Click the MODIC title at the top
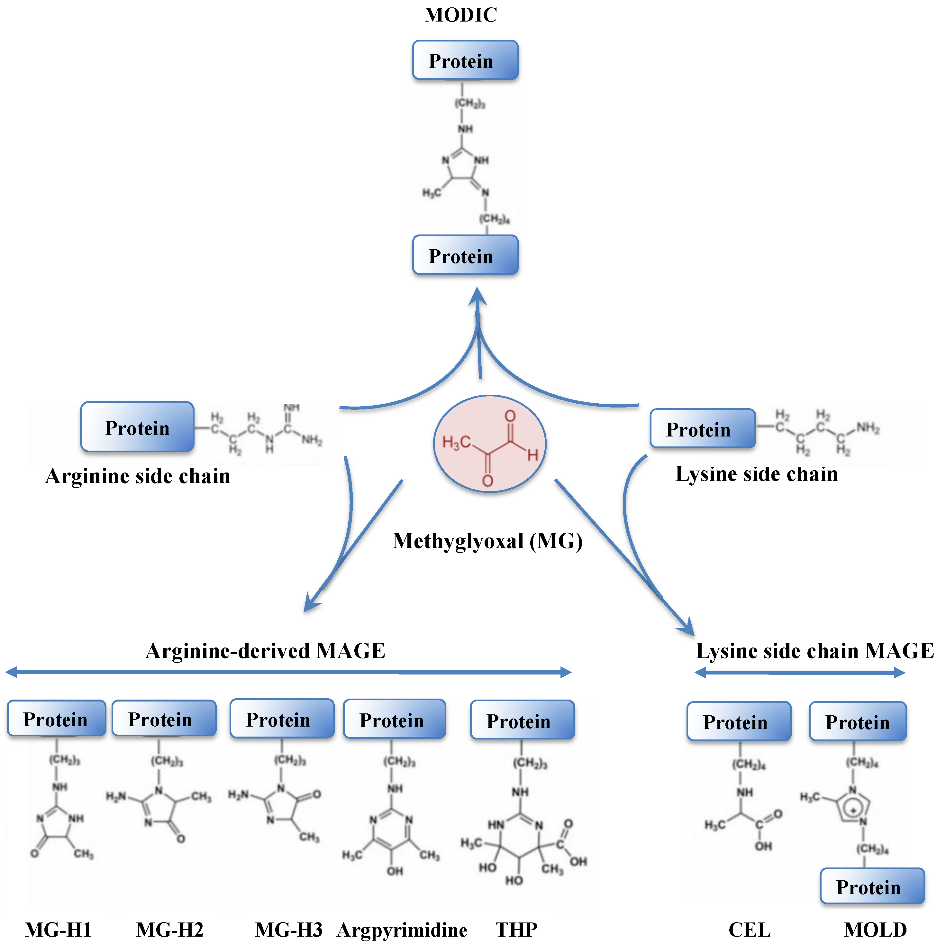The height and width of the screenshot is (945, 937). pos(461,15)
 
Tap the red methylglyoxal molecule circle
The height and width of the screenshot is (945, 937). pos(489,444)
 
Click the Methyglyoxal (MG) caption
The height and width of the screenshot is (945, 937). pos(487,541)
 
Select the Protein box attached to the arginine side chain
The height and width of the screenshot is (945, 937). pos(137,427)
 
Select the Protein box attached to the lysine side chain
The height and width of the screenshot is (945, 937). pos(702,429)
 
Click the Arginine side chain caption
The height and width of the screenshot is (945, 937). pos(138,476)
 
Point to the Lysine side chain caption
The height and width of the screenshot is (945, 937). pos(757,474)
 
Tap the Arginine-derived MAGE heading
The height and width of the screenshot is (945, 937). pos(266,651)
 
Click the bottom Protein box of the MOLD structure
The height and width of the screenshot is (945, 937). pos(872,886)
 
